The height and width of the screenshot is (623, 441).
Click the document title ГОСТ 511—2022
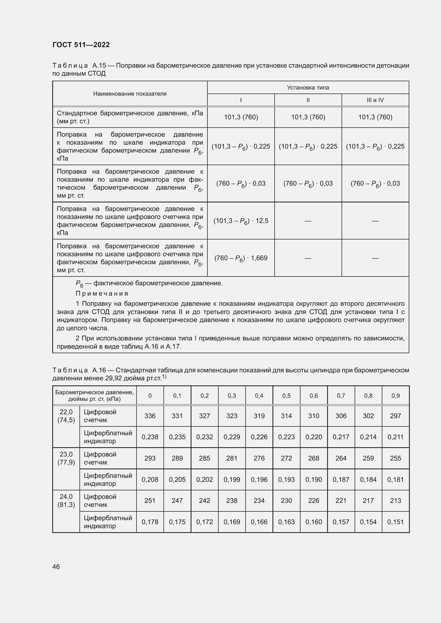click(x=81, y=45)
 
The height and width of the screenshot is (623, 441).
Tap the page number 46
click(x=56, y=566)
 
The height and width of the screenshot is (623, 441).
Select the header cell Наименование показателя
click(x=130, y=93)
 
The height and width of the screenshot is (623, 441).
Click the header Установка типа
click(x=308, y=87)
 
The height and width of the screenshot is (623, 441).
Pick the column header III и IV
click(x=375, y=100)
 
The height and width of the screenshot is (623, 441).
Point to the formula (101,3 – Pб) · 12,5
click(x=240, y=221)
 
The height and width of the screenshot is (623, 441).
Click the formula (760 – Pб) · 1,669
click(x=240, y=258)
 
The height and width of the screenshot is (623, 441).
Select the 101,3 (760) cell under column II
click(x=308, y=117)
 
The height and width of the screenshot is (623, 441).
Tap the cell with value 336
click(x=150, y=416)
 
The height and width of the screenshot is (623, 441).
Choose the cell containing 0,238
click(x=150, y=437)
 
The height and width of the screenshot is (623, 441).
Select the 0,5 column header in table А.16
click(x=286, y=396)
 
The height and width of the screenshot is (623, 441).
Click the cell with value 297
click(x=395, y=416)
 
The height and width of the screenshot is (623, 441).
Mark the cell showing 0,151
click(x=395, y=522)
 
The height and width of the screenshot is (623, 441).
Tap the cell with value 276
click(x=259, y=458)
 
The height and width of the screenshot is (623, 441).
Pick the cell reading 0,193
click(x=286, y=479)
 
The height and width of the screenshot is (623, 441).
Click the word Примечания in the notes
click(x=102, y=293)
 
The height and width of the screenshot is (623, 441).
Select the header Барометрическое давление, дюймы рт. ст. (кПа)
click(x=94, y=396)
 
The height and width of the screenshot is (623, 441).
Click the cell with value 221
click(x=341, y=500)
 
